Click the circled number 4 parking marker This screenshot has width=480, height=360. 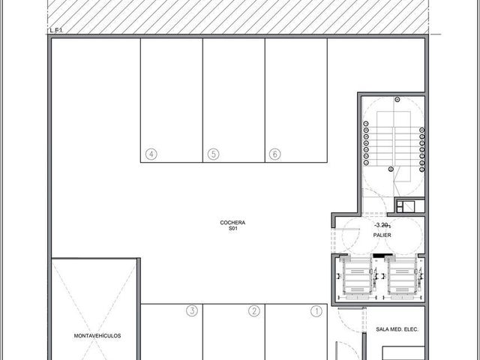[x=151, y=154]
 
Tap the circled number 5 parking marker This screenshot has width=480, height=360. [x=213, y=154]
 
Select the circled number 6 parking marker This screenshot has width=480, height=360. [x=275, y=154]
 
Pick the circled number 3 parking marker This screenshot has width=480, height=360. [x=192, y=310]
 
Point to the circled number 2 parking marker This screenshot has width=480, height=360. [x=254, y=311]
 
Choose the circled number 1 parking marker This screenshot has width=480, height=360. [x=316, y=311]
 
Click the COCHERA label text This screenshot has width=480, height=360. [x=232, y=223]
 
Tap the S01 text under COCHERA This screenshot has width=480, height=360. [x=233, y=228]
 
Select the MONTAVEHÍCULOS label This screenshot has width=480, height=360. [x=97, y=335]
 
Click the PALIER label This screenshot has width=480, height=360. [x=382, y=235]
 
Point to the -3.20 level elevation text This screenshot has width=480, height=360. [x=382, y=225]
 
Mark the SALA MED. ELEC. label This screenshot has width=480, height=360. [x=397, y=329]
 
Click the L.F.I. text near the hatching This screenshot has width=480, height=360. [x=56, y=31]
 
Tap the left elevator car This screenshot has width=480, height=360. [x=357, y=277]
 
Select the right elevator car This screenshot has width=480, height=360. [x=402, y=277]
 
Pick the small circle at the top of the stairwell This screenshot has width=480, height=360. [x=397, y=100]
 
